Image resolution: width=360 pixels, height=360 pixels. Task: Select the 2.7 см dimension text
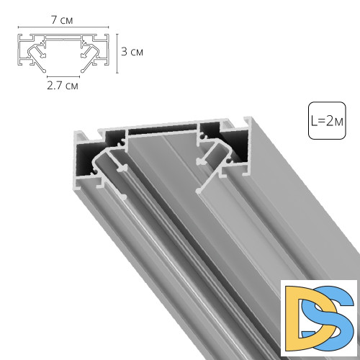coord(62,84)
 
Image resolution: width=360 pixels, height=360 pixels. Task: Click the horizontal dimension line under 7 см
coord(62,30)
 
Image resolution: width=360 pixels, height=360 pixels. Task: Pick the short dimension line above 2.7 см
coord(62,75)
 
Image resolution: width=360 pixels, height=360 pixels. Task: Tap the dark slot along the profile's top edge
coord(163,129)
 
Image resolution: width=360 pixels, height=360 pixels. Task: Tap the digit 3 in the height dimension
coord(125,52)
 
